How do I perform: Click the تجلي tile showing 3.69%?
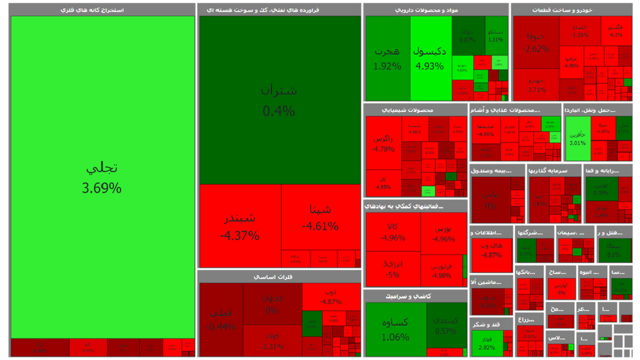[102, 177]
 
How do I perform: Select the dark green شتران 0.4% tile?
[279, 100]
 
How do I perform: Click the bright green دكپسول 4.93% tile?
[430, 58]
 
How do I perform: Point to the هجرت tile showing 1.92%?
[387, 58]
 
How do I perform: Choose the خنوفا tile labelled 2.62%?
[536, 42]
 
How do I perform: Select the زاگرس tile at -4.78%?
[383, 143]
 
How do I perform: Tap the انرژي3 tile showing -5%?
[393, 269]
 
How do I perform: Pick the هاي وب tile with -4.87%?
[491, 249]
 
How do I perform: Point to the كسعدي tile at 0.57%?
[446, 325]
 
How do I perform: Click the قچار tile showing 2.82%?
[486, 343]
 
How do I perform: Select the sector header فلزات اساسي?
[279, 276]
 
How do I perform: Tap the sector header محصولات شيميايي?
[415, 110]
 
